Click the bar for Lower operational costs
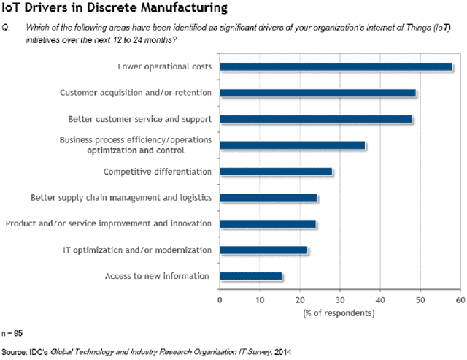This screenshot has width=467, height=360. (336, 67)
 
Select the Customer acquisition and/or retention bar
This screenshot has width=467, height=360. (317, 93)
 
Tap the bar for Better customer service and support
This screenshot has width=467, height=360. (316, 119)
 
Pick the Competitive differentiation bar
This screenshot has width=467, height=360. (276, 172)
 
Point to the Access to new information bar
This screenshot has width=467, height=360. (250, 276)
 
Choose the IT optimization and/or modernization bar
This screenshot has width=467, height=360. (263, 250)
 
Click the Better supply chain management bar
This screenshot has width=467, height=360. (268, 197)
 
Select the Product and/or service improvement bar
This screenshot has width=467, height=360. (268, 223)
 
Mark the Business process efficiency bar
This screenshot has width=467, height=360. (292, 145)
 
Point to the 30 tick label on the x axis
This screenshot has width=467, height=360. (339, 299)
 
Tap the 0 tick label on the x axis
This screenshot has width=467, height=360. (220, 299)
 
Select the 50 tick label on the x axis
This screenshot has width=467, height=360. (419, 299)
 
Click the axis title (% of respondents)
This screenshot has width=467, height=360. (339, 313)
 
